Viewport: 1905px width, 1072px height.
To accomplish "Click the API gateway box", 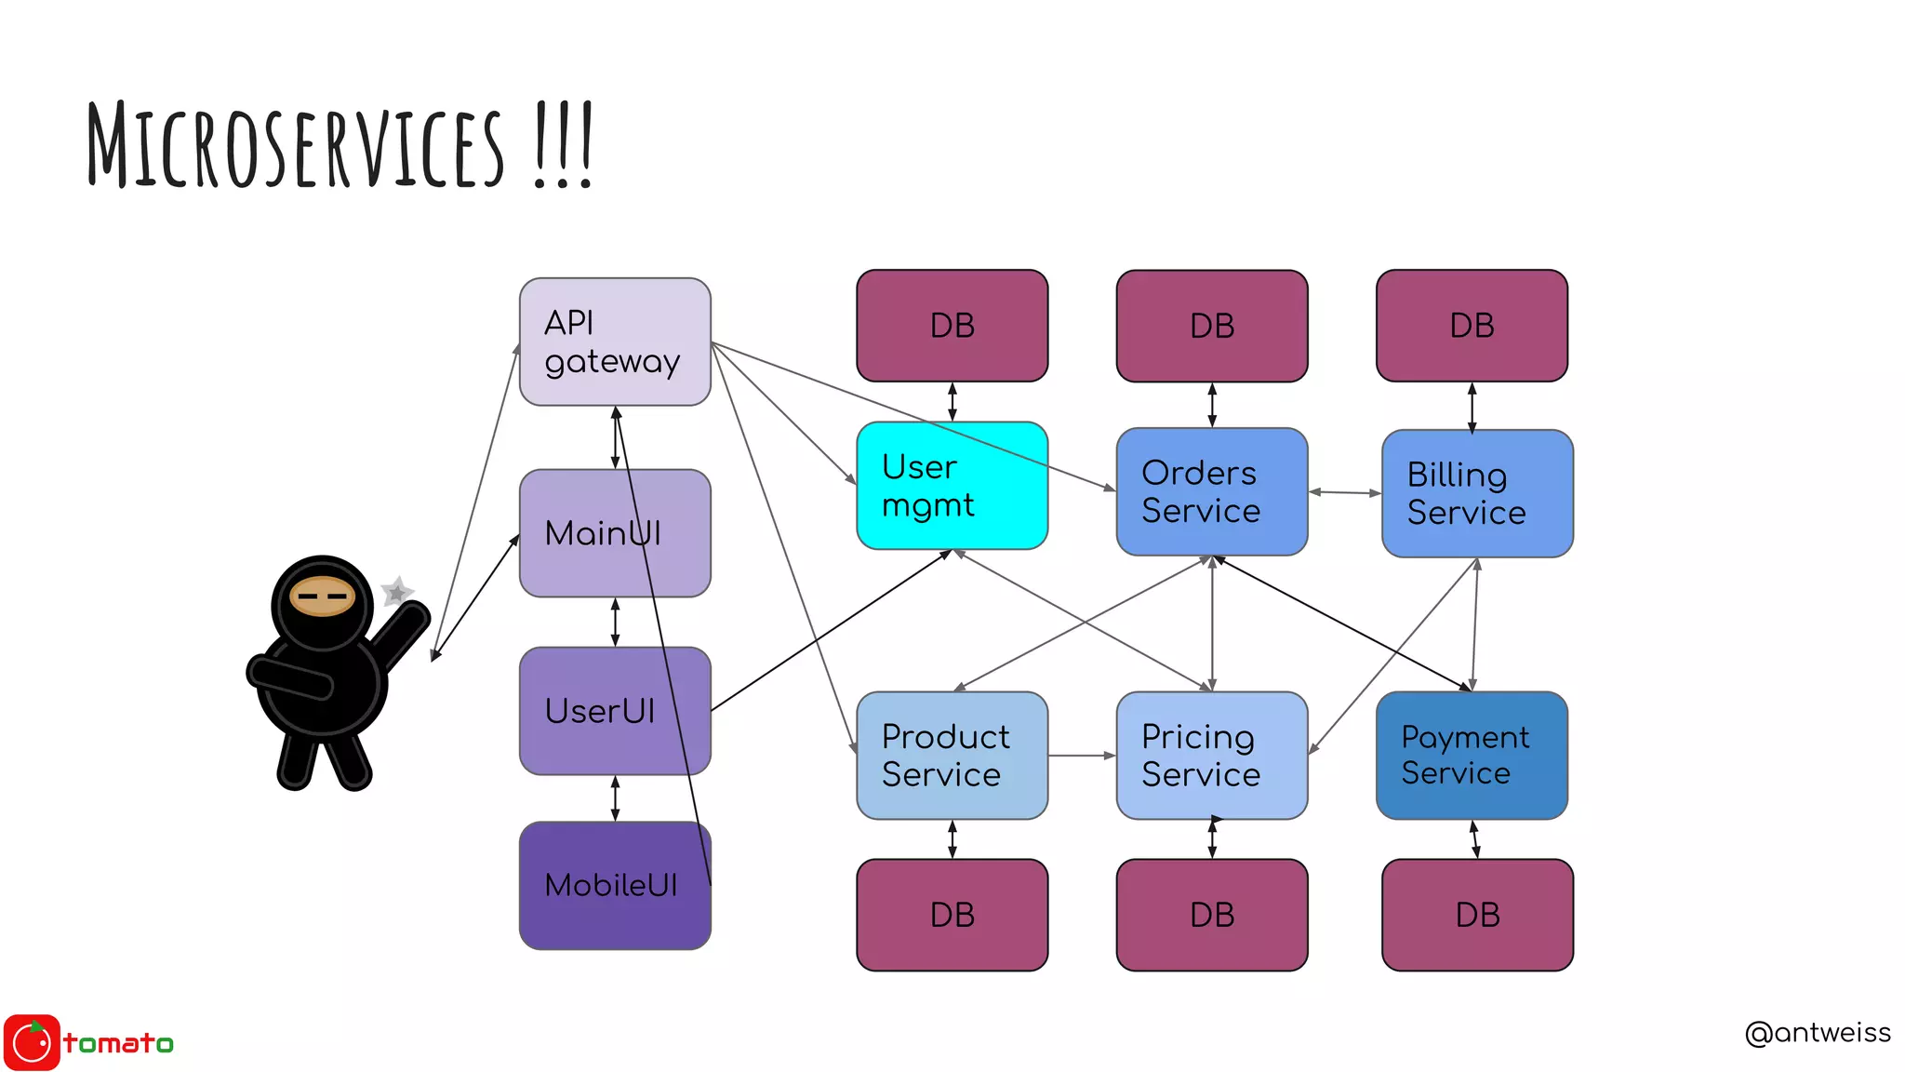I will click(x=615, y=342).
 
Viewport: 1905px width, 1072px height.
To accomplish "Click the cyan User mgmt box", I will click(x=952, y=486).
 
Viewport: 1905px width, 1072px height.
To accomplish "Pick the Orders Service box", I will click(x=1211, y=491).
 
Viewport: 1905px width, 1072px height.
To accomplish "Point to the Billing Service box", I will click(x=1476, y=493).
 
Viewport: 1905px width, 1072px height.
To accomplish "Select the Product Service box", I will click(x=952, y=756).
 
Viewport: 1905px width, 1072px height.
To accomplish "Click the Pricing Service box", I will click(x=1211, y=756).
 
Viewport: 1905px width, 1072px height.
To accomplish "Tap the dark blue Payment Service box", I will click(x=1472, y=756).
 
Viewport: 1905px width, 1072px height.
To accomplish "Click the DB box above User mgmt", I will click(x=952, y=326).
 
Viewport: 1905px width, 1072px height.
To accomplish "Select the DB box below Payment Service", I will click(x=1476, y=915).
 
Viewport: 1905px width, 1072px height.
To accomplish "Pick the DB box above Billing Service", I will click(x=1472, y=326).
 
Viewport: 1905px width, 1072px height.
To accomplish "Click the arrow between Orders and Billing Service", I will click(x=1345, y=492).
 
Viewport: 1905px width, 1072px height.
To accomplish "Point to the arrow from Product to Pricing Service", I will click(x=1082, y=756).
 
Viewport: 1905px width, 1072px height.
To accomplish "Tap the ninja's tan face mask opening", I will click(x=322, y=596).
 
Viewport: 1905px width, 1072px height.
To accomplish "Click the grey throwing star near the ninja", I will click(x=397, y=591).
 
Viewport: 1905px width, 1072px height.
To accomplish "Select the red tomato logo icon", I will click(x=33, y=1042).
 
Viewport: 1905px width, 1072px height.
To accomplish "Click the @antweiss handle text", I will click(x=1817, y=1033).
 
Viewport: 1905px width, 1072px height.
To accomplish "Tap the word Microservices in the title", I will click(x=296, y=146).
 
